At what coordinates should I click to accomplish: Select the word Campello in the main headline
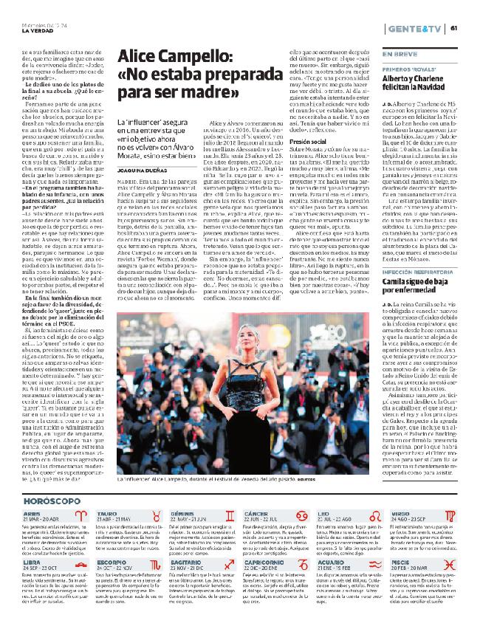(x=191, y=58)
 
